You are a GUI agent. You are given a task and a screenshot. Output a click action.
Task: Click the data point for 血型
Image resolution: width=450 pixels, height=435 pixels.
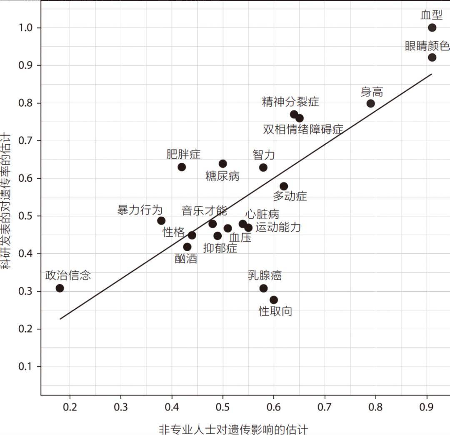[432, 27]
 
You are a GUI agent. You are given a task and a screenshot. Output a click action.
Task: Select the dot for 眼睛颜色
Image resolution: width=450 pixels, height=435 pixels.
[432, 57]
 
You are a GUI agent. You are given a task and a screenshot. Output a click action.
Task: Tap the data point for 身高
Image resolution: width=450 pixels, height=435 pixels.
[370, 103]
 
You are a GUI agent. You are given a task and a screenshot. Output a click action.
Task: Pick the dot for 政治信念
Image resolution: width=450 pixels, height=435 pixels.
[60, 288]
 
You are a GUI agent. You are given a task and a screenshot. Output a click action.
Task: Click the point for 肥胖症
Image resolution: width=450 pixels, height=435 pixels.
[182, 167]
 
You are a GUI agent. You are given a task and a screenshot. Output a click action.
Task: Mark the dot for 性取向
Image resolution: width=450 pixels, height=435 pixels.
[273, 300]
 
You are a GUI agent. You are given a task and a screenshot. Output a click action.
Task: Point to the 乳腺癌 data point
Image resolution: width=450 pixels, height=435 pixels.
[263, 288]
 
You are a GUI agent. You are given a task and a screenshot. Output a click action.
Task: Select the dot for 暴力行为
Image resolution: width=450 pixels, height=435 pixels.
[161, 221]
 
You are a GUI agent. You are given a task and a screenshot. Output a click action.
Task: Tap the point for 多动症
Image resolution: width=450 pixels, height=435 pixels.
[284, 186]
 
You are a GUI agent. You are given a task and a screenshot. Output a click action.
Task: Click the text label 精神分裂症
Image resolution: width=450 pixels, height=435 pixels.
[290, 102]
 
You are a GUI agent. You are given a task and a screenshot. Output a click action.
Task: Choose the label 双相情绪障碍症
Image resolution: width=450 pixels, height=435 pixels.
[303, 130]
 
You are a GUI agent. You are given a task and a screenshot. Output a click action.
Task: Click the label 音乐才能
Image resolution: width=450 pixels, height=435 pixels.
[204, 211]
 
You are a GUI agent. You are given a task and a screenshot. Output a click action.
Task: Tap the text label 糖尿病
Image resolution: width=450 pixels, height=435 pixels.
[222, 176]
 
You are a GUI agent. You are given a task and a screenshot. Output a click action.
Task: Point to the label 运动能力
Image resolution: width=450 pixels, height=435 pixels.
[278, 227]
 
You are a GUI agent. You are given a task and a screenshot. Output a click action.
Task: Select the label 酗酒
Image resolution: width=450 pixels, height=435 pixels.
[186, 259]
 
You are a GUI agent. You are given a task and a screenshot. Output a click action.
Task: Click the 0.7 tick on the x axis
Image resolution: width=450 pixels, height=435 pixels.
[324, 407]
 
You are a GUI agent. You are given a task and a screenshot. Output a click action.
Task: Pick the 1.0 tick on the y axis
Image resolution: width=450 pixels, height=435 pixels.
[25, 28]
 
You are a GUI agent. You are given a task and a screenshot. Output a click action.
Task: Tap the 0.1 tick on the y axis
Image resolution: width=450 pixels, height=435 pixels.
[25, 366]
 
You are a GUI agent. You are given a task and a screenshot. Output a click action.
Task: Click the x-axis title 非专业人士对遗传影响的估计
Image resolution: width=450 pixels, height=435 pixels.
[233, 430]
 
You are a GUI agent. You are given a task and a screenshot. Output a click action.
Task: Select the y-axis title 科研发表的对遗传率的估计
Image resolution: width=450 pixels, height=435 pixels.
[6, 200]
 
